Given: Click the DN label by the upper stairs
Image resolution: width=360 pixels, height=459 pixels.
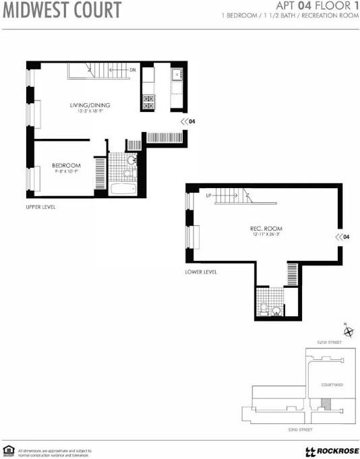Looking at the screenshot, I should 133,70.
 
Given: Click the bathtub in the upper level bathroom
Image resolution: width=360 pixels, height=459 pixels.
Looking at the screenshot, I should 123,188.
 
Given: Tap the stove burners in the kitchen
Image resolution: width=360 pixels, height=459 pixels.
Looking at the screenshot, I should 148,102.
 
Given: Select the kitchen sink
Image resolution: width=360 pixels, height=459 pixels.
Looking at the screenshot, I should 177,75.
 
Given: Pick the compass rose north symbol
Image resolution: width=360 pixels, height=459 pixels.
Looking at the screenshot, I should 349,332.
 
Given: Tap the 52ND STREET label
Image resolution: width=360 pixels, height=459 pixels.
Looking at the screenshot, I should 330,344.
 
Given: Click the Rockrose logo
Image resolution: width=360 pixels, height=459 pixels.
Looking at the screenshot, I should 332,451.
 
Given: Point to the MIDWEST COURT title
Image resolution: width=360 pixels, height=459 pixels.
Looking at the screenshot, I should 62,11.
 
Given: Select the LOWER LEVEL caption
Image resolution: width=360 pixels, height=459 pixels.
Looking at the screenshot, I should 200,273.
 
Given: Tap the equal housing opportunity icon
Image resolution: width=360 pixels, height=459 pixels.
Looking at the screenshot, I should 9,450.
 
